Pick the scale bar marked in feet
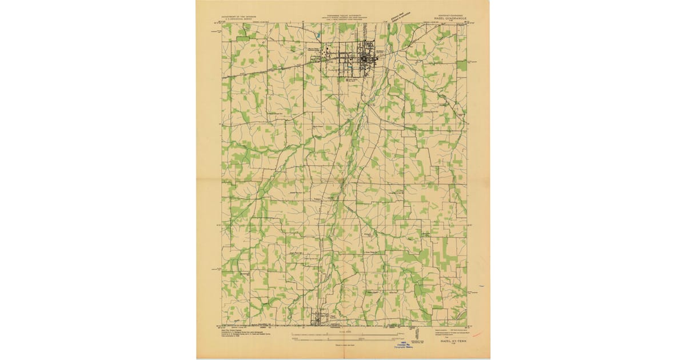click(x=344, y=338)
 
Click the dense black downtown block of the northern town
click(x=366, y=58)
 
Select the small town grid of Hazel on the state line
click(x=318, y=318)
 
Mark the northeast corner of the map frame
click(x=466, y=23)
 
